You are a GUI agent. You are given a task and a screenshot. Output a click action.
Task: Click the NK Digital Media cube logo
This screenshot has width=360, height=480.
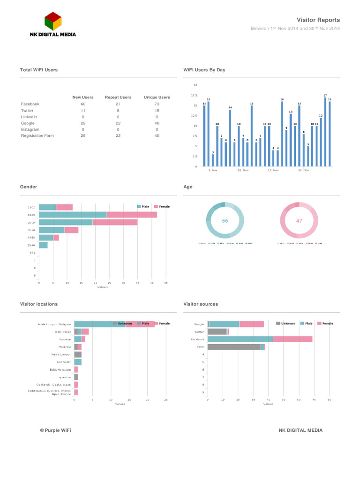pyautogui.click(x=53, y=21)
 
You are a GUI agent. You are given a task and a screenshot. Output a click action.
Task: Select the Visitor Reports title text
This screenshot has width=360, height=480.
pyautogui.click(x=318, y=20)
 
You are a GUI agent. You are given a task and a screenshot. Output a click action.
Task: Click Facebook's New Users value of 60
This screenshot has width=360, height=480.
pyautogui.click(x=83, y=104)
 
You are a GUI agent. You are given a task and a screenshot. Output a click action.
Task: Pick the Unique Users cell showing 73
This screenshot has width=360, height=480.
pyautogui.click(x=157, y=104)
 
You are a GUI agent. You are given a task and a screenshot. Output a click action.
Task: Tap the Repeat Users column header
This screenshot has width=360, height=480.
pyautogui.click(x=118, y=97)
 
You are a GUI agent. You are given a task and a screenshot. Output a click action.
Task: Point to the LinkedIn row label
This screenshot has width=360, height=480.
pyautogui.click(x=29, y=117)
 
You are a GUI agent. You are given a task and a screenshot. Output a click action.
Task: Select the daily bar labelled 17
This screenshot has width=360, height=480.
pyautogui.click(x=325, y=131)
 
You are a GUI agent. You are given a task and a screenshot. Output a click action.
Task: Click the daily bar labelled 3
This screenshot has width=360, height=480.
pyautogui.click(x=213, y=160)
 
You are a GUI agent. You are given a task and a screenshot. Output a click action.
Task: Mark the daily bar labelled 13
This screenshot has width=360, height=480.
pyautogui.click(x=291, y=140)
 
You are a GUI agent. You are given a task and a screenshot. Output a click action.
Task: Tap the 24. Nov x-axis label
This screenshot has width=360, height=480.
pyautogui.click(x=303, y=170)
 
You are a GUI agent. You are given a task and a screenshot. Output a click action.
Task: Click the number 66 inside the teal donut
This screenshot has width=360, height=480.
pyautogui.click(x=225, y=220)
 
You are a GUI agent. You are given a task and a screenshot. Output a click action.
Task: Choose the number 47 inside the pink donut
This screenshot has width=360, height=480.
pyautogui.click(x=299, y=220)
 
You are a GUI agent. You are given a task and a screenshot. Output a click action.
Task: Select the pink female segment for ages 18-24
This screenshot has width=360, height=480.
pyautogui.click(x=132, y=215)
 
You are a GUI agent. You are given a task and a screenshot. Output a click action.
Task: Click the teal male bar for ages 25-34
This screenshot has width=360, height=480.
pyautogui.click(x=66, y=222)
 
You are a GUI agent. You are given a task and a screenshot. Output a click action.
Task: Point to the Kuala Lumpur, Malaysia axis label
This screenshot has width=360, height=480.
pyautogui.click(x=54, y=324)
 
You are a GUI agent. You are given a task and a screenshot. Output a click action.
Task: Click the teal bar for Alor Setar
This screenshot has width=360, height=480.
pyautogui.click(x=78, y=362)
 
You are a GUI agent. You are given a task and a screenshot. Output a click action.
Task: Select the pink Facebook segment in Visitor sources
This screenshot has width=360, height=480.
pyautogui.click(x=292, y=339)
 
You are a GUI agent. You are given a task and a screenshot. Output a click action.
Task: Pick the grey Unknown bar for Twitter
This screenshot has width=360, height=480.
pyautogui.click(x=217, y=331)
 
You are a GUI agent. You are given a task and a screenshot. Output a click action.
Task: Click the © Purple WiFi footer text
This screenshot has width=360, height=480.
pyautogui.click(x=55, y=430)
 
